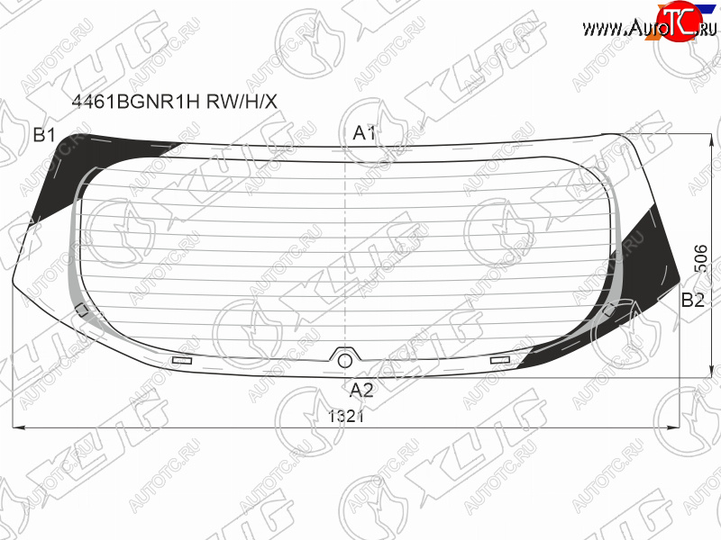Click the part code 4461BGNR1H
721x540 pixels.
(x=136, y=101)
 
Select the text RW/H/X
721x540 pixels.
(x=242, y=101)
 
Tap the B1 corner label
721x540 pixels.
(x=44, y=135)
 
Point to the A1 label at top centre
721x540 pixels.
(x=364, y=133)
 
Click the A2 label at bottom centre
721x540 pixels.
(x=361, y=390)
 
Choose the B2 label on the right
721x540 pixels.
(x=692, y=300)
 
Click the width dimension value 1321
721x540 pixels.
(x=346, y=416)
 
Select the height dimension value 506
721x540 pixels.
(x=700, y=258)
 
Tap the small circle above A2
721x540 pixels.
(x=345, y=361)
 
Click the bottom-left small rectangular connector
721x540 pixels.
(x=182, y=361)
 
